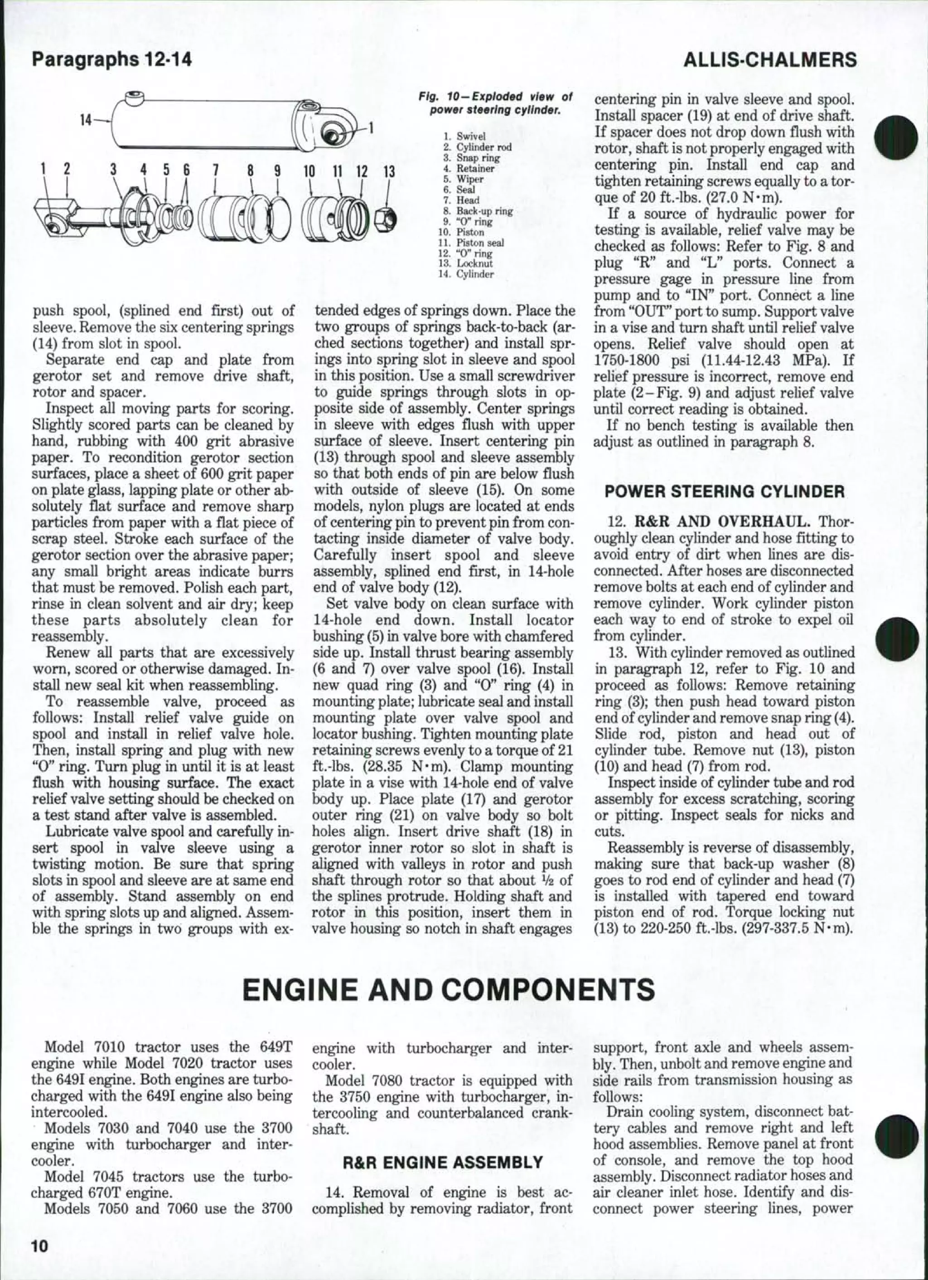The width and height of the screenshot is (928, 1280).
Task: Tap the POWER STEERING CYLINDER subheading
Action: coord(725,491)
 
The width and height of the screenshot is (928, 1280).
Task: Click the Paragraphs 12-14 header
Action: coord(112,59)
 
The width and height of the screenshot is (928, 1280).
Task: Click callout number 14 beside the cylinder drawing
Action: coord(86,120)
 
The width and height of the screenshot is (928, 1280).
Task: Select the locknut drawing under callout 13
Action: coord(389,217)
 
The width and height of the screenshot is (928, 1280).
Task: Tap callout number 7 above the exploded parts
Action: coord(215,171)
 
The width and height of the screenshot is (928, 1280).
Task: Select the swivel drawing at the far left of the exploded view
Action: coord(56,220)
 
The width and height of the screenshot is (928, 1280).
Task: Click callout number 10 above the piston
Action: coord(309,171)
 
